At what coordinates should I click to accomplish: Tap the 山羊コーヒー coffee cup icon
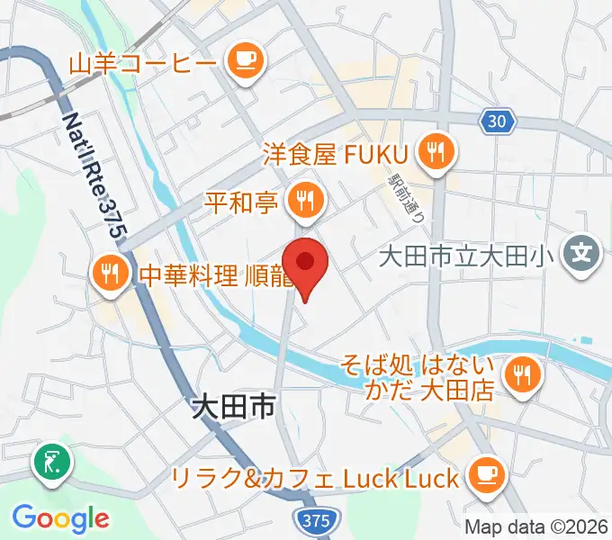pyautogui.click(x=244, y=62)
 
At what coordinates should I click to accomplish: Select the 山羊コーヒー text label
pyautogui.click(x=141, y=63)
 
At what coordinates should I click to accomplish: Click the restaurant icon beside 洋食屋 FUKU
pyautogui.click(x=437, y=152)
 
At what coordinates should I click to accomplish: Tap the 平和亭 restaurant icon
pyautogui.click(x=305, y=199)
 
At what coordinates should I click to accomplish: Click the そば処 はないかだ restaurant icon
pyautogui.click(x=522, y=372)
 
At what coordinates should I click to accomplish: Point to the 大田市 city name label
pyautogui.click(x=233, y=409)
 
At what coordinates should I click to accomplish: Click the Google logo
pyautogui.click(x=61, y=518)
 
